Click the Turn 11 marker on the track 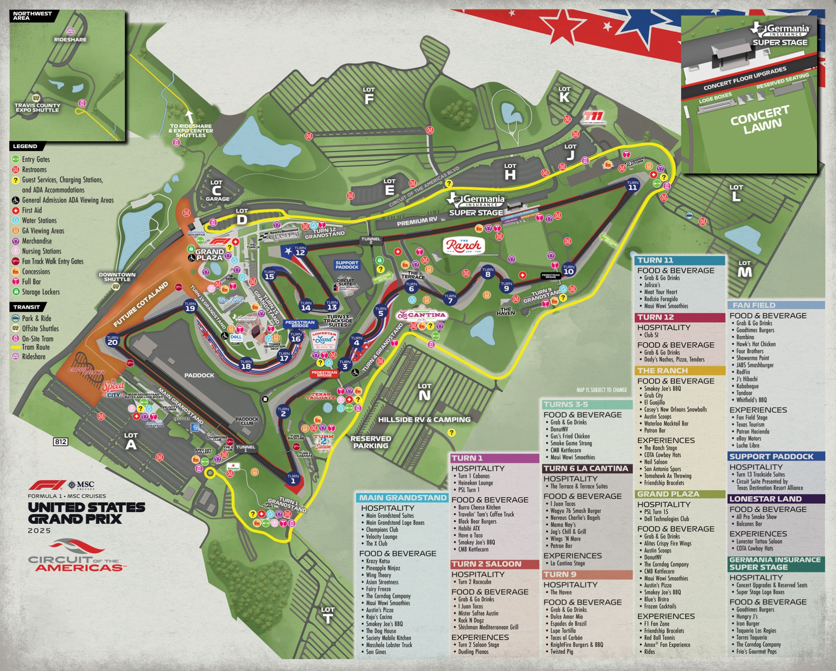[632, 185]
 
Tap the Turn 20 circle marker [112, 340]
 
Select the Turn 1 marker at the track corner [293, 479]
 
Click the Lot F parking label [369, 96]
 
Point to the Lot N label [424, 392]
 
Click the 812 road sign [60, 442]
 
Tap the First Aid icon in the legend [15, 210]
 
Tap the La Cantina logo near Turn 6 [422, 315]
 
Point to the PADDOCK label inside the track [199, 375]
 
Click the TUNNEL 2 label [371, 240]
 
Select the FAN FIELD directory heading [754, 305]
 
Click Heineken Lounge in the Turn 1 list [475, 483]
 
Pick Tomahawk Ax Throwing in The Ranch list [668, 476]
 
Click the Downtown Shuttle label [117, 277]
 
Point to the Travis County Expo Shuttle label [37, 107]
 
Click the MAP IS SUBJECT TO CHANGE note [602, 390]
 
